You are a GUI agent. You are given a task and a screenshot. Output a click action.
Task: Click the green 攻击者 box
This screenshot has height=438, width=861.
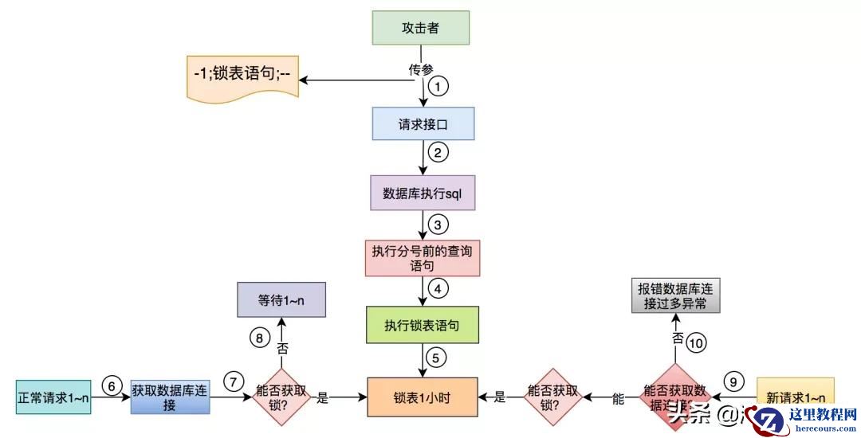(420, 29)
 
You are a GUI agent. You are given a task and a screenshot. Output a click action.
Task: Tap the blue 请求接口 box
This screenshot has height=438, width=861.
(423, 124)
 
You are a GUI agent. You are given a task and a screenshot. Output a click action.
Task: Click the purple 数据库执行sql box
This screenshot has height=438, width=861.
(423, 193)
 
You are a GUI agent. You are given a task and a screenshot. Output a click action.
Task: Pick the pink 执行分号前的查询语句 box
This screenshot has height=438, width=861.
(422, 256)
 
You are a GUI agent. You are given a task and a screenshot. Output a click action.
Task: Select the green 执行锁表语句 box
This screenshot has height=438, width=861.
(422, 325)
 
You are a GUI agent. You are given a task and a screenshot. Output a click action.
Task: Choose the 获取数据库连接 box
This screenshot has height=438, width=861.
(171, 396)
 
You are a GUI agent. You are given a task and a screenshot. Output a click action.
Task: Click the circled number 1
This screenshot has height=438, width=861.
(438, 85)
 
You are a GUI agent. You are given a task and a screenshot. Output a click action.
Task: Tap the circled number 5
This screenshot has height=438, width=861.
(434, 358)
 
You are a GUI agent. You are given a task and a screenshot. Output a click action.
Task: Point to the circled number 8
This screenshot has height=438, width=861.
(260, 337)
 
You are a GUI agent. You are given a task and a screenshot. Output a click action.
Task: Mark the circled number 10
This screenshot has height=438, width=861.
(696, 342)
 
